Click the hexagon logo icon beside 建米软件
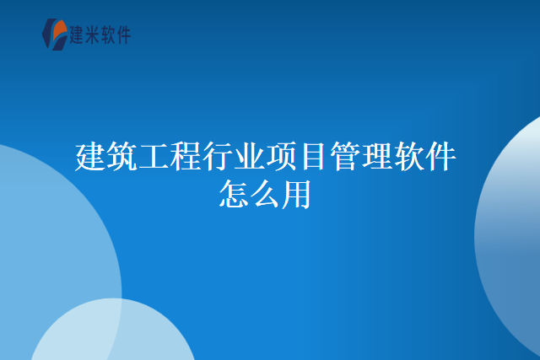55,33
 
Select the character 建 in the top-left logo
79,35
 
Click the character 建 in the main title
90,158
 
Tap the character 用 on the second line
297,195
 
